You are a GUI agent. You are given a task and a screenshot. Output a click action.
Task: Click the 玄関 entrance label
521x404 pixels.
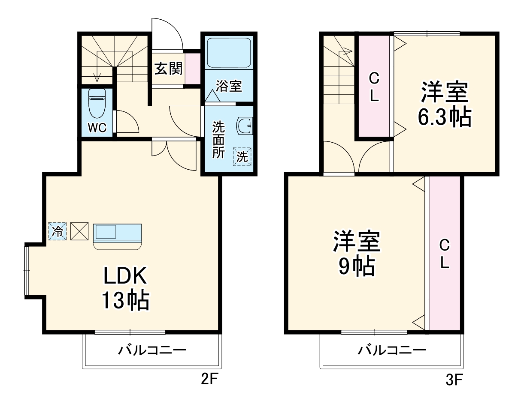click(169, 69)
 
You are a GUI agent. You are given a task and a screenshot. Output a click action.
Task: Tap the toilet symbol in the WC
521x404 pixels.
click(97, 103)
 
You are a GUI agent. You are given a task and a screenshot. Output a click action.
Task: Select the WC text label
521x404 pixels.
click(97, 128)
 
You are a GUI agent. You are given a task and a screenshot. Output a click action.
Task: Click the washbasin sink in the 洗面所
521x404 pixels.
click(245, 126)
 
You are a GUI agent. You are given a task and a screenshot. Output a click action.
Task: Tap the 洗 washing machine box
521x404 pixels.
click(242, 156)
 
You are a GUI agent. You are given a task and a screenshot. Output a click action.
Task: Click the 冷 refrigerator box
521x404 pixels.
click(58, 232)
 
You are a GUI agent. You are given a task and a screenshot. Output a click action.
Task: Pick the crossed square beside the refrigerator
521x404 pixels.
click(79, 232)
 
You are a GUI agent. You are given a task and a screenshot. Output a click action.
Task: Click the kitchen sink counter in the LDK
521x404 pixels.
click(118, 235)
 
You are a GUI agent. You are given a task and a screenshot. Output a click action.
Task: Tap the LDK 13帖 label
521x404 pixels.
click(125, 288)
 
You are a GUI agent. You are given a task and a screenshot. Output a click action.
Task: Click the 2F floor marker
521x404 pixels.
click(208, 379)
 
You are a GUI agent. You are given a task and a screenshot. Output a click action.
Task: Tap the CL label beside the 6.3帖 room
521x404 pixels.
click(374, 87)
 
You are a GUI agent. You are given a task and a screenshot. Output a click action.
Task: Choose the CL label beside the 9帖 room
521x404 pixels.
click(445, 254)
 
